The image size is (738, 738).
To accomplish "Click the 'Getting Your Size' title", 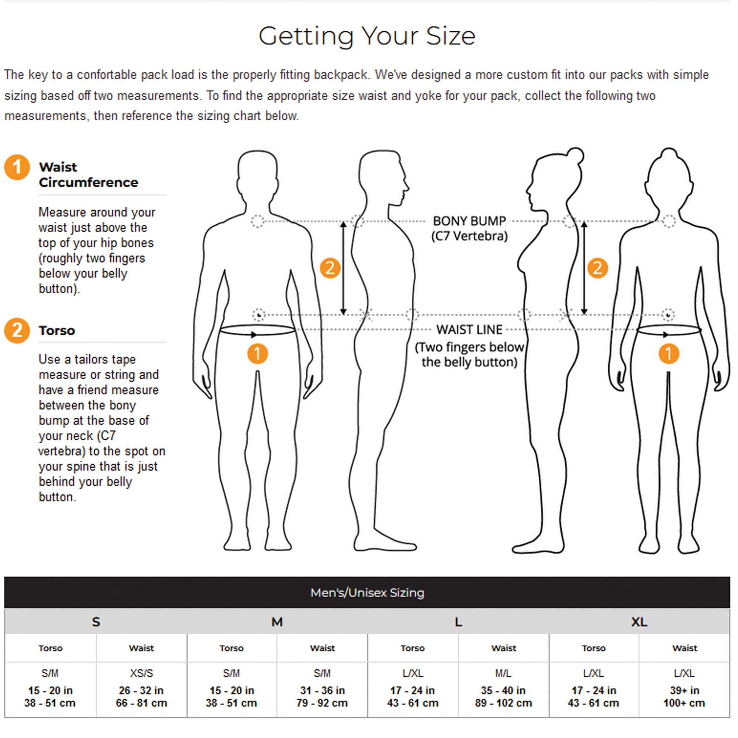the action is (367, 37).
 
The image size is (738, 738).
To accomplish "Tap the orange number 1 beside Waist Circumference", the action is (17, 167).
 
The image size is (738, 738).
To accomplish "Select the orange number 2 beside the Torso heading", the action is (17, 330).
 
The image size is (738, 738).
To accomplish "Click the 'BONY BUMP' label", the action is (469, 221).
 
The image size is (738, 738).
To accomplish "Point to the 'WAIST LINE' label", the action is (469, 329).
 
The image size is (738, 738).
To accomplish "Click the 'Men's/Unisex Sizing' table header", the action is (367, 593).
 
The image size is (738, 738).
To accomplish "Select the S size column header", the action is (96, 622).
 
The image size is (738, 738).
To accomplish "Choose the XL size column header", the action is (639, 622).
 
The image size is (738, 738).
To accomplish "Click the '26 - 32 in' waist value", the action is (141, 690).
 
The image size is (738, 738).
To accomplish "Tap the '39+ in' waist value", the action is (684, 690).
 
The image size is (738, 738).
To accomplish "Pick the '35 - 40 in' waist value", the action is (503, 690).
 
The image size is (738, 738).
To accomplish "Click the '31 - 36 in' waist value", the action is (323, 690).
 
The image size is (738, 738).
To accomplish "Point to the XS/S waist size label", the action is (141, 673).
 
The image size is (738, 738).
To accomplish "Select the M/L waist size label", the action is (503, 673).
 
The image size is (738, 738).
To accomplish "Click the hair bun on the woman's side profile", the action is (576, 155).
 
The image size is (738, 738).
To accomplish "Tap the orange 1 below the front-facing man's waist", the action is (258, 354).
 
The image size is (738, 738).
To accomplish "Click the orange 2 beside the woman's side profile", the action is (597, 268).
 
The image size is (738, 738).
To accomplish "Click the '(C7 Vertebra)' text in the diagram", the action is (469, 236).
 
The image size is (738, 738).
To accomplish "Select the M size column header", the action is (277, 622).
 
